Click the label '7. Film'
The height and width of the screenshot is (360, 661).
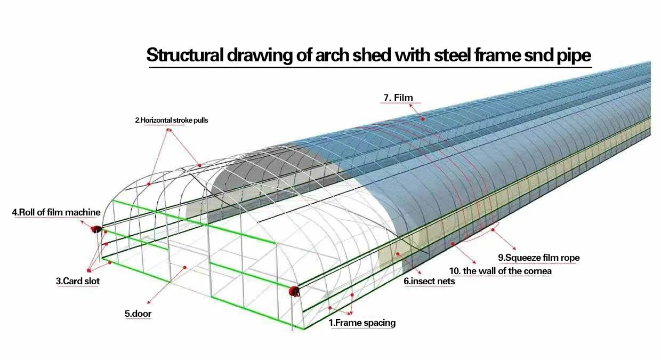[x=398, y=98]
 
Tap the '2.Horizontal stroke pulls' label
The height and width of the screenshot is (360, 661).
[x=171, y=121]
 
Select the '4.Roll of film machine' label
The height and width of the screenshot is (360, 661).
[x=56, y=212]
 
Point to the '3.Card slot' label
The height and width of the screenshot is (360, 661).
[x=77, y=281]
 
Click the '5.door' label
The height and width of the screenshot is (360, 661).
[x=138, y=314]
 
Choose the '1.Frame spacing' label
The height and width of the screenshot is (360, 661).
[x=362, y=323]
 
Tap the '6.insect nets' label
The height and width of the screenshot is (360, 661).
[x=429, y=281]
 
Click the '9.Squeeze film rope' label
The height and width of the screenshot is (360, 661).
[x=542, y=258]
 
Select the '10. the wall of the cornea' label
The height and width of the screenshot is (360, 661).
[x=507, y=271]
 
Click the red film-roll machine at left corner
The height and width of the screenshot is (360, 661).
[x=96, y=229]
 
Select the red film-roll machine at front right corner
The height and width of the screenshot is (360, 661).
[x=294, y=291]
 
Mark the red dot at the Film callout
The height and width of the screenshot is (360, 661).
[x=423, y=119]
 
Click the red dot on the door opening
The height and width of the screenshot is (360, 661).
[x=184, y=267]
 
